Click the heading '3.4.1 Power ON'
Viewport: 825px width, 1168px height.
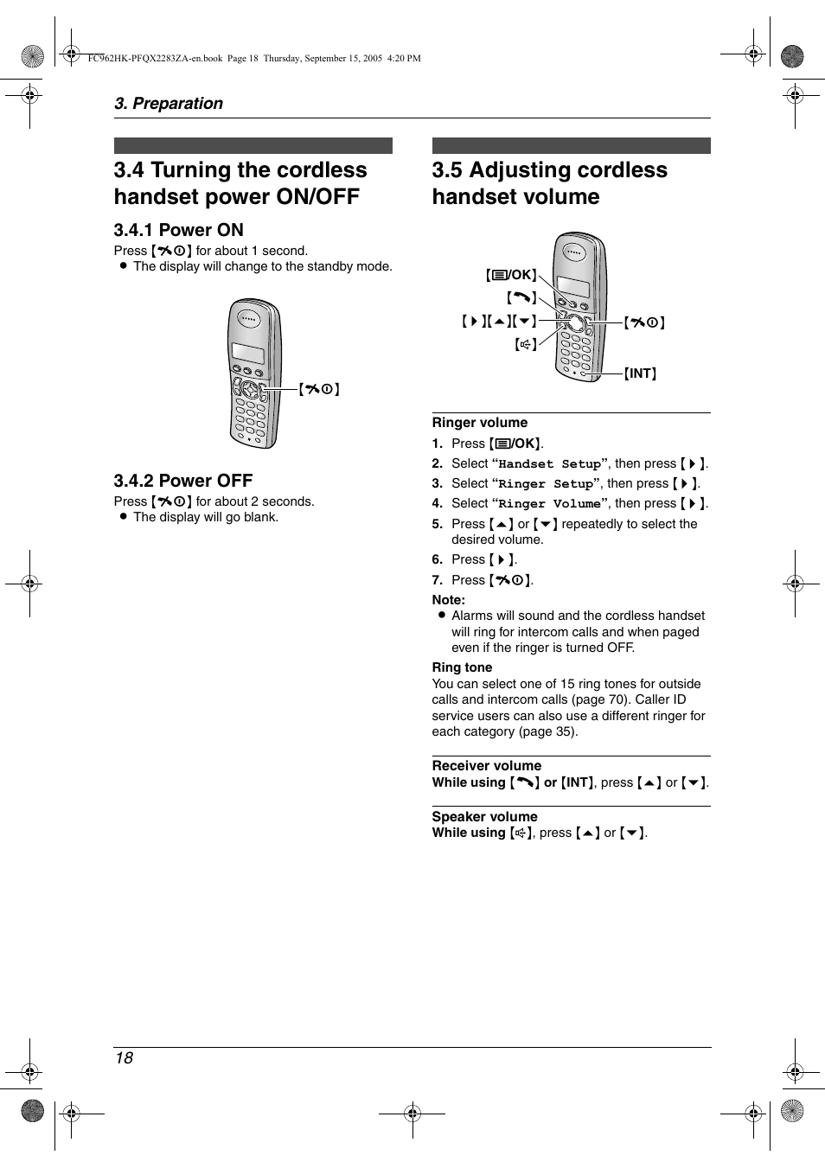click(178, 230)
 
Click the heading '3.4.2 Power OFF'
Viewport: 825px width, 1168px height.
click(182, 481)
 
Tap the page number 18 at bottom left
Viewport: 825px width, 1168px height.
click(124, 1058)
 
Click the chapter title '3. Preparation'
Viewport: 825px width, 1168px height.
click(169, 104)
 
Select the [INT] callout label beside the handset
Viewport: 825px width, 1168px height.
click(641, 373)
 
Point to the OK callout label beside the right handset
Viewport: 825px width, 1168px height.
click(511, 275)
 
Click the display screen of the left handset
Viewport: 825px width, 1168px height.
click(248, 354)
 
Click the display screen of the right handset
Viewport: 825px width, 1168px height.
click(574, 286)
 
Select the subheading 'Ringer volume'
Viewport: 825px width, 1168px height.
click(479, 423)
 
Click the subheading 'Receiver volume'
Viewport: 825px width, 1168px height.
click(486, 766)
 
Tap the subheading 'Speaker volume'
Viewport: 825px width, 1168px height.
click(484, 817)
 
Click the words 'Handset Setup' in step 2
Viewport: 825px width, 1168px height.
click(549, 464)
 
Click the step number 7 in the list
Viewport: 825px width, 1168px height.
click(437, 580)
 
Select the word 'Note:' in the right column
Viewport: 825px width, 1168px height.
click(448, 600)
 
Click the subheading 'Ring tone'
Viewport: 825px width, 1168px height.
click(462, 667)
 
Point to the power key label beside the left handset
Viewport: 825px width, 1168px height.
click(318, 389)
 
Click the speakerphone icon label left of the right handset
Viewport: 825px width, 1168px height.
click(525, 344)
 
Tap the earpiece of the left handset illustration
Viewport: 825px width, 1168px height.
click(249, 318)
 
